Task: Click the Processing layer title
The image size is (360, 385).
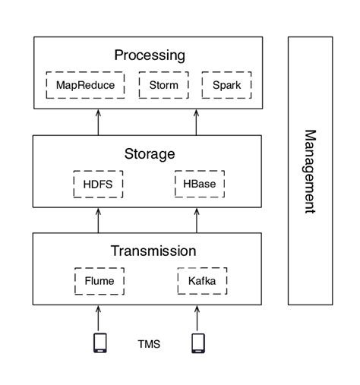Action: [150, 55]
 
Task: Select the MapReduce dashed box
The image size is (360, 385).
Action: [85, 84]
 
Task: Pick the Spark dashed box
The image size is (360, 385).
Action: [226, 84]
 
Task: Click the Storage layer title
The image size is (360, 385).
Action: [150, 154]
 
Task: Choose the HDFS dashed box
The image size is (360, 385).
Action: [97, 184]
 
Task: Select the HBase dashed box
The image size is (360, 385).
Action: [200, 184]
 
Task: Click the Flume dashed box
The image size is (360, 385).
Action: [99, 281]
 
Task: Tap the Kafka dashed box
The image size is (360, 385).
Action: [202, 281]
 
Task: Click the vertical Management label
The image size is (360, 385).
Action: [310, 171]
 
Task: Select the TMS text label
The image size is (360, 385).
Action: [148, 343]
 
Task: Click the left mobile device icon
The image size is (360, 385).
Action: [99, 343]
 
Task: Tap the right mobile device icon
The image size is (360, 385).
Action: [198, 343]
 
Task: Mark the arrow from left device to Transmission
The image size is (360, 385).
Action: [99, 317]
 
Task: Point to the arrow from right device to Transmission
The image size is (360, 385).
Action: [197, 317]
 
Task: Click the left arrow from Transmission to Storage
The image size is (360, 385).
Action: [99, 219]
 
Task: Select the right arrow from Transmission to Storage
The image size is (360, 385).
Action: [197, 219]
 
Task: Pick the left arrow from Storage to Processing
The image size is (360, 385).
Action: [99, 121]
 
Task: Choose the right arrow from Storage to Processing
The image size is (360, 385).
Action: [197, 121]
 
